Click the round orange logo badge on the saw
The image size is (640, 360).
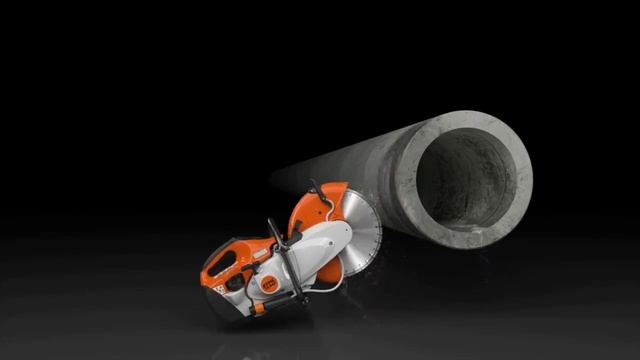(x=268, y=283)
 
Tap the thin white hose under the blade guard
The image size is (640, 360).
(x=325, y=285)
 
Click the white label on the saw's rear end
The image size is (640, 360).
(x=217, y=291)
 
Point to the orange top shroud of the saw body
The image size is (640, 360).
(x=250, y=244)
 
